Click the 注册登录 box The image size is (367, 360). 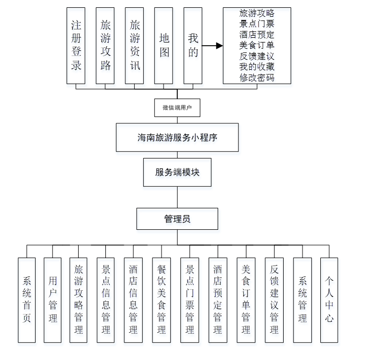[75, 46]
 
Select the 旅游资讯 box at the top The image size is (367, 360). [134, 46]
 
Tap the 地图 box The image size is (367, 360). [164, 46]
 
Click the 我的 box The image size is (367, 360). [193, 46]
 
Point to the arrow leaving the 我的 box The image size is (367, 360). [212, 46]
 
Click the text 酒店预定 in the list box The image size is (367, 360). [257, 35]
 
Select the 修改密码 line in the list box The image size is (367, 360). [257, 78]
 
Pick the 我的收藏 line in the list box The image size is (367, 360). [257, 67]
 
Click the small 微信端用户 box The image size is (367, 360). [177, 108]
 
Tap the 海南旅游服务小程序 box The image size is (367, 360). [177, 137]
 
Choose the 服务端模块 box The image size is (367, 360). [177, 172]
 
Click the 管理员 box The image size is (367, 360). [177, 219]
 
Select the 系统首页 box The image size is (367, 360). [27, 300]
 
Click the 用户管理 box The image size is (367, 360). [52, 300]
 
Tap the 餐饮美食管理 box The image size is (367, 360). [161, 300]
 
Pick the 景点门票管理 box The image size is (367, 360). [189, 300]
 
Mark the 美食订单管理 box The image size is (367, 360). [246, 300]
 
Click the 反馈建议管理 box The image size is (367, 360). [274, 300]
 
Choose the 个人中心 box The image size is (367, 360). [329, 300]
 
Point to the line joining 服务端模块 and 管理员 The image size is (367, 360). [177, 197]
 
